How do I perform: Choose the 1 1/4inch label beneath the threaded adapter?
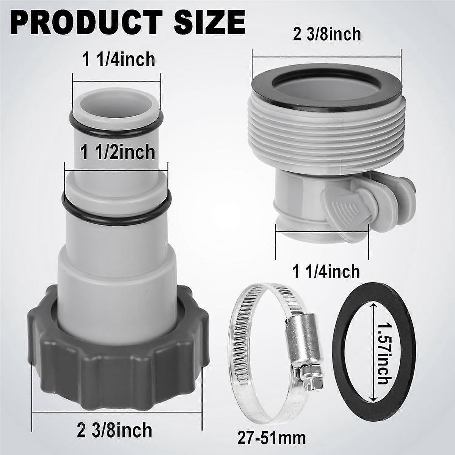326,271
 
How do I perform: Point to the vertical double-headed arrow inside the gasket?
374,349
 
